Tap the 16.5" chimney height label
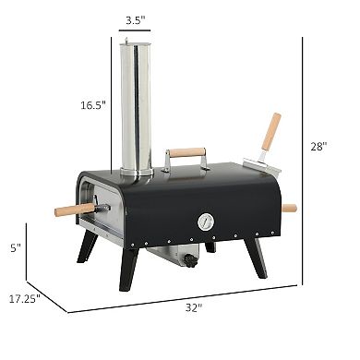tap(92, 106)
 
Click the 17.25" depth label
tap(28, 297)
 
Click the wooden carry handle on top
tap(187, 152)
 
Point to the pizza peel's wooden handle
tap(270, 131)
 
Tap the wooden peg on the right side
tap(289, 209)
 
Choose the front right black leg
tap(258, 257)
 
